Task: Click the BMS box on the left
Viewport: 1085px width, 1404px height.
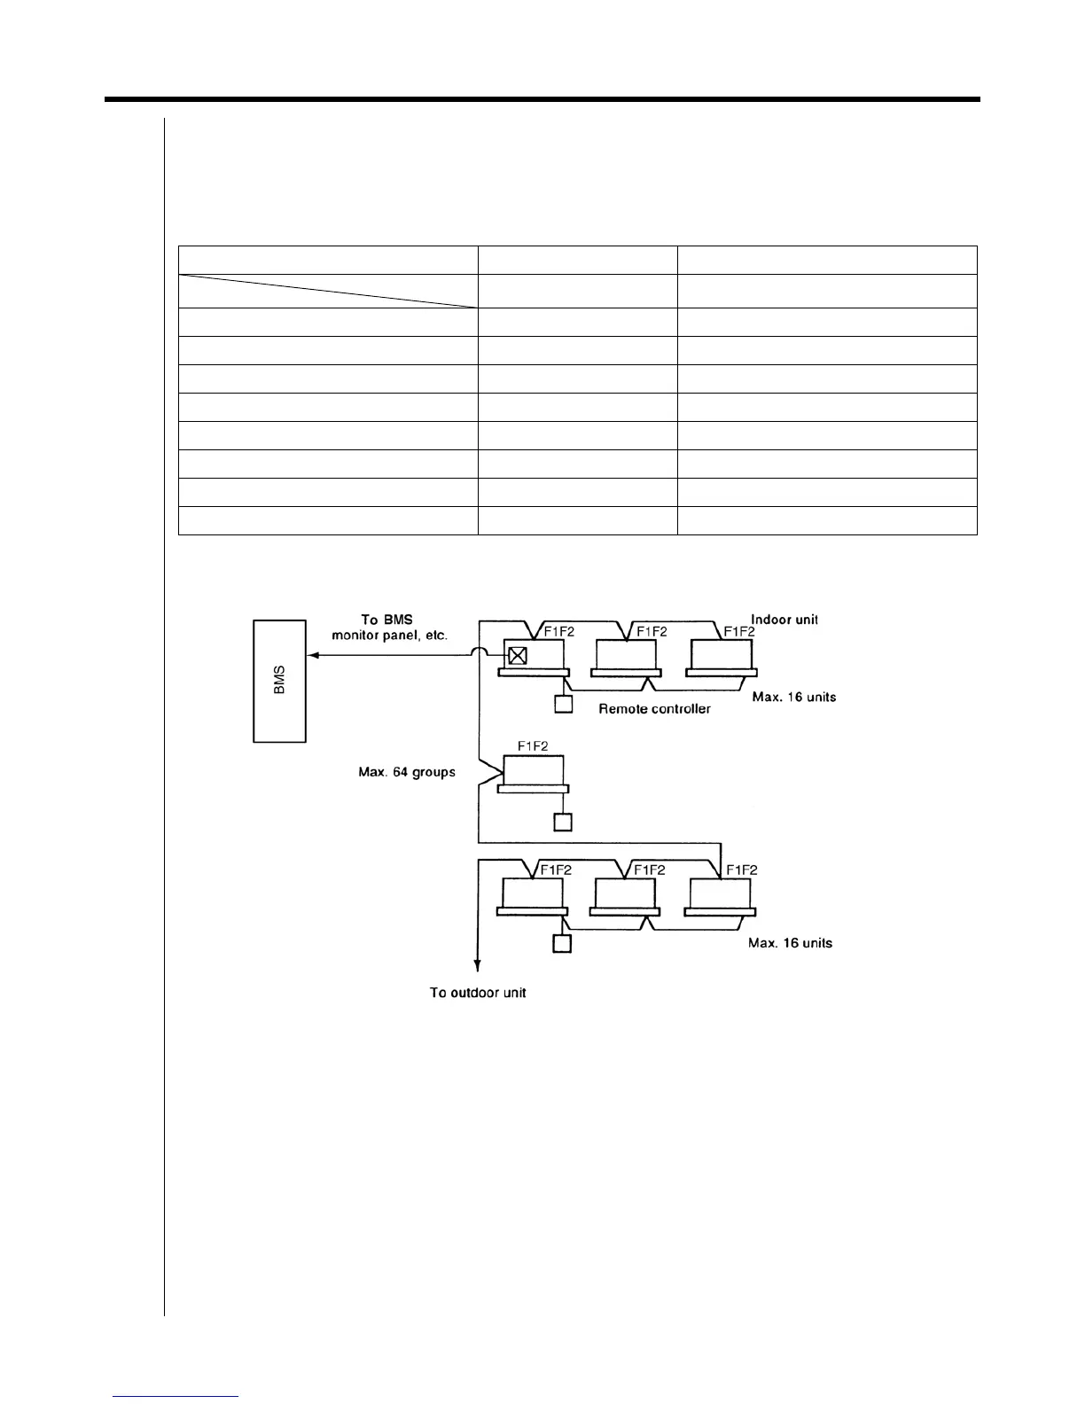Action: coord(279,681)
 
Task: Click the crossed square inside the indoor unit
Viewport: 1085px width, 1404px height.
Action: coord(518,656)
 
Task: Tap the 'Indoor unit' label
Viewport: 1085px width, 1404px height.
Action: coord(784,620)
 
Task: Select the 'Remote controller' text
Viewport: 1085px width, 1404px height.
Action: coord(654,709)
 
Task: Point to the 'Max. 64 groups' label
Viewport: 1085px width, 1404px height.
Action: coord(401,772)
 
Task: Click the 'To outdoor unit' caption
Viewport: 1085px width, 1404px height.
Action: coord(478,993)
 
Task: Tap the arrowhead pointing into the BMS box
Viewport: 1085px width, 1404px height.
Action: coord(312,656)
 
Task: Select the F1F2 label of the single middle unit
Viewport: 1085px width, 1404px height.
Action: coord(532,746)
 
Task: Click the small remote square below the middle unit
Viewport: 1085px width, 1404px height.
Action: coord(562,822)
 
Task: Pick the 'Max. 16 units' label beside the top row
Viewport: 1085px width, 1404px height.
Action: coord(793,697)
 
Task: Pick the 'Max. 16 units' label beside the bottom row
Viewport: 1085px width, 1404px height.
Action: coord(790,943)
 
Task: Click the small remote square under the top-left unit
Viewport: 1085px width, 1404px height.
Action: coord(563,705)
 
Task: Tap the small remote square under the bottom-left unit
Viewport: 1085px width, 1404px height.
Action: coord(562,943)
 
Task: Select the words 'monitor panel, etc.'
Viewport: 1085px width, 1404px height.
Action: coord(389,635)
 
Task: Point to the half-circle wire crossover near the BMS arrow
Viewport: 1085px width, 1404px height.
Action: coord(479,654)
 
